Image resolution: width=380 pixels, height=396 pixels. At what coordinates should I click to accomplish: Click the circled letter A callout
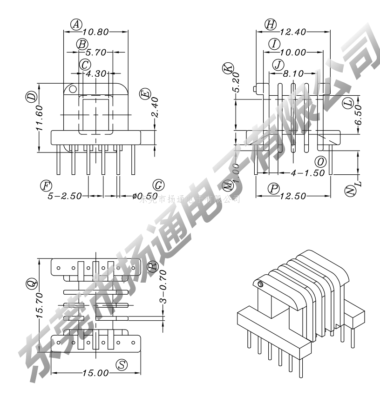tap(77, 24)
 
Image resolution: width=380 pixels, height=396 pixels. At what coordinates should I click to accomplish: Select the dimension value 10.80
tap(95, 32)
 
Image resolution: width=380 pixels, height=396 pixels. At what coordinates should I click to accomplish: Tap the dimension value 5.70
tap(96, 53)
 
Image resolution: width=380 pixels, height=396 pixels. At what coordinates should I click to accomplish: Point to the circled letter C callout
tap(85, 65)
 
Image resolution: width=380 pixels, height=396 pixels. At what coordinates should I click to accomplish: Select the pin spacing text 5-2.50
tap(65, 196)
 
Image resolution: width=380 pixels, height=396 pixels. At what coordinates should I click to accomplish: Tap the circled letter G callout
tap(158, 185)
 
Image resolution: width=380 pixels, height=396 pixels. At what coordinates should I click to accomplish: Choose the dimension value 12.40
tap(293, 32)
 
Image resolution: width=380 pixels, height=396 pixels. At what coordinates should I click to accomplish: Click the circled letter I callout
tap(275, 44)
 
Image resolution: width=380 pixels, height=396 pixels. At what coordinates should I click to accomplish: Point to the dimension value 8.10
tap(293, 73)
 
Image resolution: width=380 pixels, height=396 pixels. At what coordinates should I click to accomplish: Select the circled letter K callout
tap(227, 68)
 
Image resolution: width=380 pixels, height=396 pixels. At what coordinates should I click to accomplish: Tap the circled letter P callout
tap(274, 188)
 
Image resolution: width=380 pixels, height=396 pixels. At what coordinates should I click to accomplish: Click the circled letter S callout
tap(122, 365)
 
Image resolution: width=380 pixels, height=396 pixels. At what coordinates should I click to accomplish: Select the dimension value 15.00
tap(95, 373)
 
